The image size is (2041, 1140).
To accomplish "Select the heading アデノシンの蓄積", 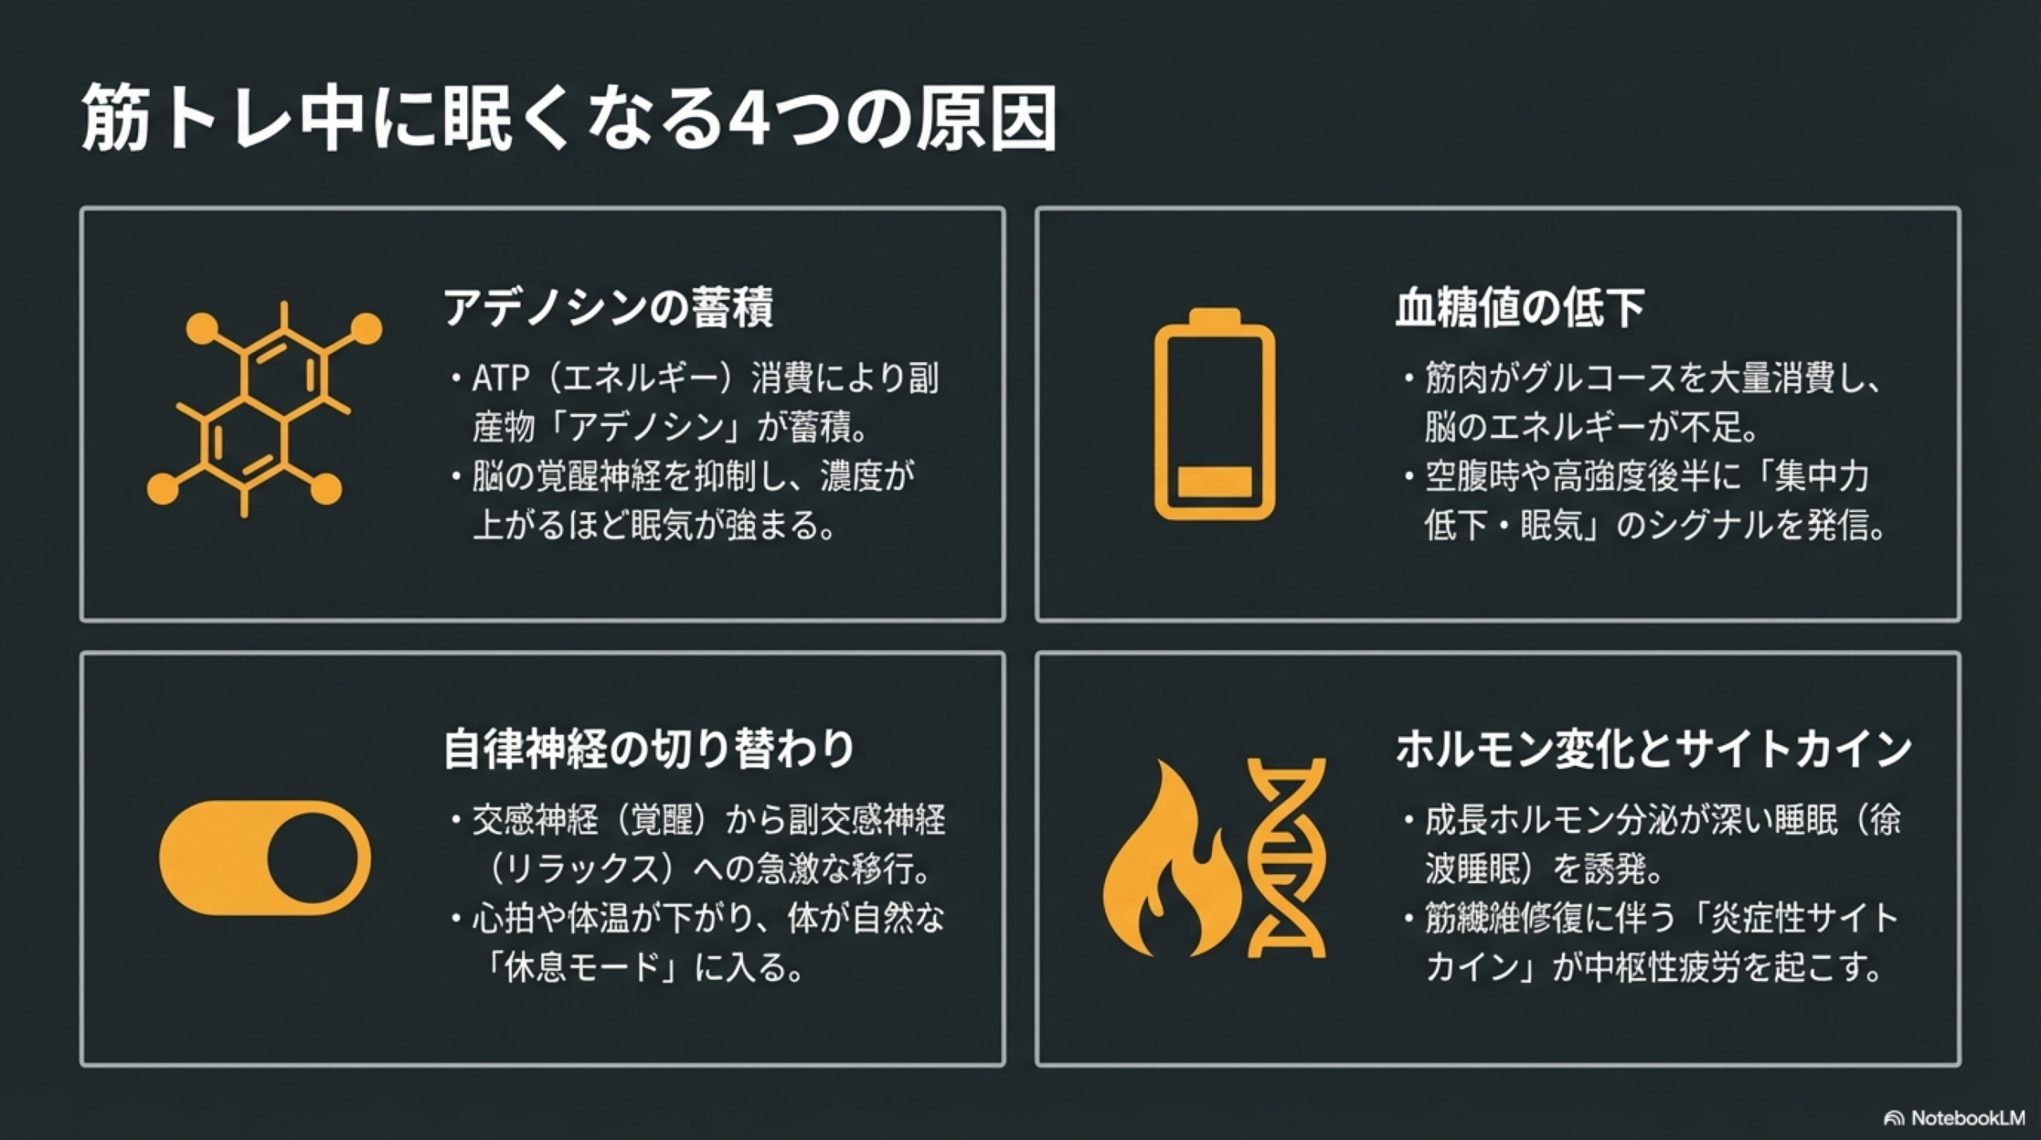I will [608, 308].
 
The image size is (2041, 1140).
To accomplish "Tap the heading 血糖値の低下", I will [1519, 308].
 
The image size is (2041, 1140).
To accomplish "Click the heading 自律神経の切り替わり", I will [649, 750].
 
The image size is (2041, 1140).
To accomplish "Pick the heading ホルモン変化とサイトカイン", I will [1654, 750].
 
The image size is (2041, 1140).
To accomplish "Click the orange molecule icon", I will [264, 408].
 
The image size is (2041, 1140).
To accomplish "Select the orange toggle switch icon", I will [265, 858].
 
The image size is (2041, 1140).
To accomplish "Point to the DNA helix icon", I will [1286, 858].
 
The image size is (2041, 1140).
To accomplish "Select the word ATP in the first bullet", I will [501, 379].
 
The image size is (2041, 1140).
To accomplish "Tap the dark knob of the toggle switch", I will [308, 858].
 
